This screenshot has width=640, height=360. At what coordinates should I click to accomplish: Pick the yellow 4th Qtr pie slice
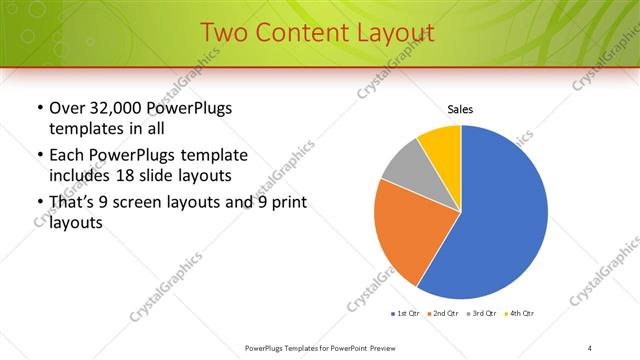pyautogui.click(x=441, y=145)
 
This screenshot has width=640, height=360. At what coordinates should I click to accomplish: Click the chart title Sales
pyautogui.click(x=460, y=109)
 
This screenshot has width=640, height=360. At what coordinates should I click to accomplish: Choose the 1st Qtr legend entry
pyautogui.click(x=407, y=313)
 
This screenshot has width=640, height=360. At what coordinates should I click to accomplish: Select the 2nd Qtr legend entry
pyautogui.click(x=444, y=313)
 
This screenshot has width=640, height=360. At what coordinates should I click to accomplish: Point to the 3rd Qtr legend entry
pyautogui.click(x=483, y=313)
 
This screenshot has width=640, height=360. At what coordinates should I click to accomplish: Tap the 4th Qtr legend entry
pyautogui.click(x=521, y=313)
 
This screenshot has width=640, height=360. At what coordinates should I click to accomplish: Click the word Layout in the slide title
pyautogui.click(x=387, y=33)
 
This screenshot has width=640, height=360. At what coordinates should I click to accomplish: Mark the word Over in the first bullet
pyautogui.click(x=67, y=108)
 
